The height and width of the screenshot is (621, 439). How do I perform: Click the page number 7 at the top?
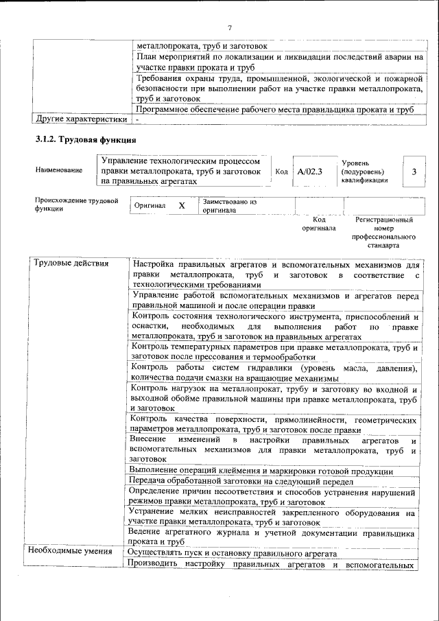pyautogui.click(x=230, y=27)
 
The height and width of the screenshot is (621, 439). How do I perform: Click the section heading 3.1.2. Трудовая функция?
pyautogui.click(x=85, y=140)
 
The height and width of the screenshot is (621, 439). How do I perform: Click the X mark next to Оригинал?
pyautogui.click(x=181, y=206)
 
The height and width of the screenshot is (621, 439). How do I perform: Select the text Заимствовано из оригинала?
pyautogui.click(x=229, y=206)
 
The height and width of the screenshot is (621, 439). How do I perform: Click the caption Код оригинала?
pyautogui.click(x=318, y=224)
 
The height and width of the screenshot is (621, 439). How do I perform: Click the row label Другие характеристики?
pyautogui.click(x=81, y=119)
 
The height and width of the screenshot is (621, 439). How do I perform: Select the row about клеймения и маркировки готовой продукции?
pyautogui.click(x=261, y=471)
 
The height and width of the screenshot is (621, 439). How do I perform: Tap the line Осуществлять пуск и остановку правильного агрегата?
pyautogui.click(x=233, y=553)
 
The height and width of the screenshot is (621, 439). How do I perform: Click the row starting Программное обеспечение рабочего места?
pyautogui.click(x=274, y=109)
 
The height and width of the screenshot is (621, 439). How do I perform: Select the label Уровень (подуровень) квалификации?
pyautogui.click(x=364, y=171)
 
